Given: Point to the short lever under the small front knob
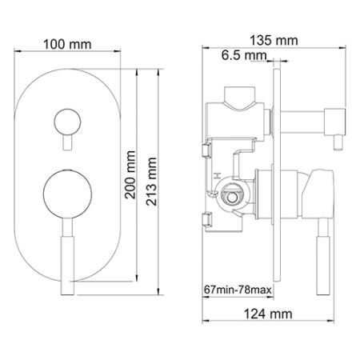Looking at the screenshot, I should (x=65, y=142).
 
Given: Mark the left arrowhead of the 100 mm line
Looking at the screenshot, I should (x=18, y=57).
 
